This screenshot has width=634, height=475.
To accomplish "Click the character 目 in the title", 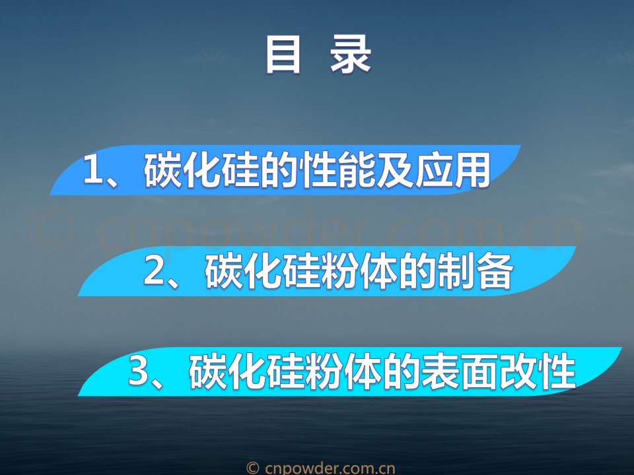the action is click(x=283, y=55).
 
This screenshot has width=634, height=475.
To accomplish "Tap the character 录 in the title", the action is click(x=351, y=55).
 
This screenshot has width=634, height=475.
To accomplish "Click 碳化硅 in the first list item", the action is click(x=201, y=170).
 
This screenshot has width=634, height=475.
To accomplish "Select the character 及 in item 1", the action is click(x=395, y=170).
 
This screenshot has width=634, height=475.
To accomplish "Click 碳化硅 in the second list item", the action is click(x=263, y=271).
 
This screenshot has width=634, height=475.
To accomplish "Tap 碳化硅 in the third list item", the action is click(x=246, y=371).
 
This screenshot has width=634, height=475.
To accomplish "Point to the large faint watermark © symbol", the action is click(x=51, y=229).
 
